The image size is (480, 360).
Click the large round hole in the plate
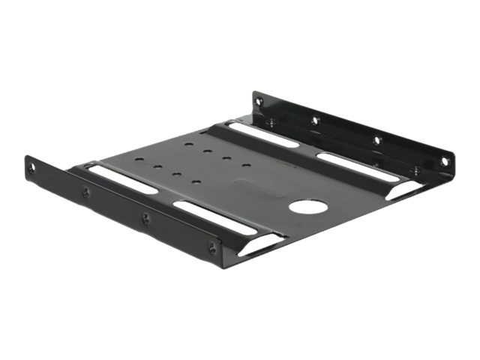(x=308, y=208)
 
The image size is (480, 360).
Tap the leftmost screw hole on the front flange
(x=31, y=169)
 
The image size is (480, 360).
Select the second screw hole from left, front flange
(x=85, y=193)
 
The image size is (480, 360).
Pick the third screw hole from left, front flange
(x=145, y=219)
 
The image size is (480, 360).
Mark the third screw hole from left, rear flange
(x=377, y=139)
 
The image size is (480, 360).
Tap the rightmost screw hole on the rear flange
(x=445, y=161)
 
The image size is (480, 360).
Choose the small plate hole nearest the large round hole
(x=247, y=165)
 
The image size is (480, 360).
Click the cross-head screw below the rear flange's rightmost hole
(x=415, y=170)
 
